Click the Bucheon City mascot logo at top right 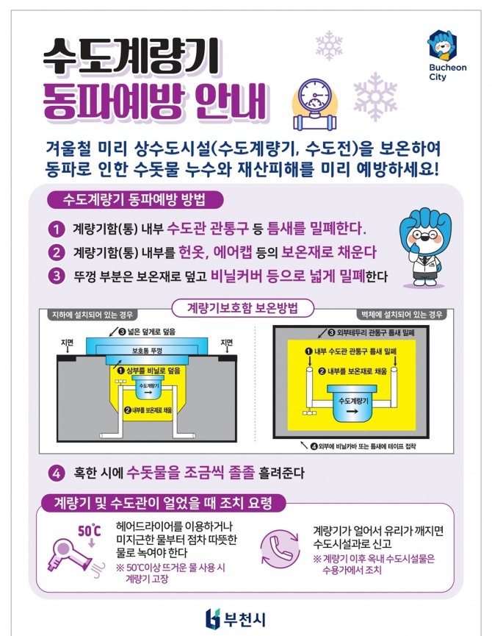click(442, 45)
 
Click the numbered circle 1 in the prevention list click(57, 229)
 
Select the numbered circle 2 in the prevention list click(57, 252)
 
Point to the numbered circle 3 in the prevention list click(57, 276)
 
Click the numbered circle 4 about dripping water click(57, 473)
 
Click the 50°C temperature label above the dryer click(90, 531)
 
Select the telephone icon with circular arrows click(280, 547)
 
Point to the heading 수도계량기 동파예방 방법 click(134, 199)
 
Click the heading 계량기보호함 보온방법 click(242, 308)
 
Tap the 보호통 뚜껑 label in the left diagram click(147, 351)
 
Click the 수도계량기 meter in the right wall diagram click(353, 405)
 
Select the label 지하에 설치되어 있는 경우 click(93, 315)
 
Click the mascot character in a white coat click(425, 248)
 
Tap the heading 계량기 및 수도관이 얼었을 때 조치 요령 click(163, 503)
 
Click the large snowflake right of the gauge click(375, 96)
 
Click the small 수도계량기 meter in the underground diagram click(148, 387)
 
